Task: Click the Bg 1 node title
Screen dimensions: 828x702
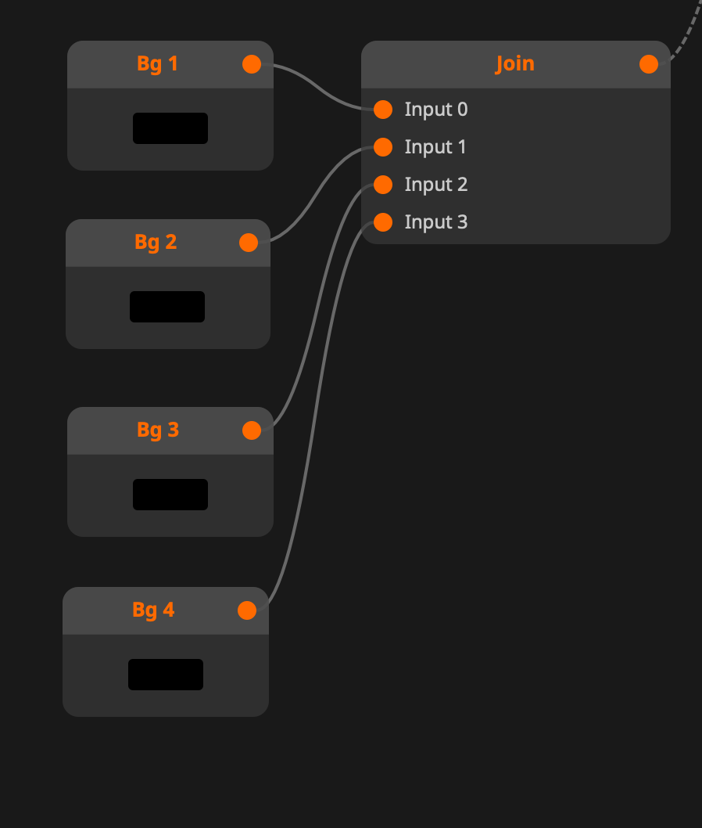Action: pyautogui.click(x=157, y=64)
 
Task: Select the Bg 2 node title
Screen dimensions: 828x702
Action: pyautogui.click(x=156, y=243)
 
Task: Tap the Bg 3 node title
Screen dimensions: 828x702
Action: pyautogui.click(x=157, y=430)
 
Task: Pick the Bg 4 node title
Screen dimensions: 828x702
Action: pyautogui.click(x=153, y=610)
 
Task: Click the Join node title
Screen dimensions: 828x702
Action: pyautogui.click(x=514, y=64)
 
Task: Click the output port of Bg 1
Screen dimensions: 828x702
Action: pyautogui.click(x=252, y=64)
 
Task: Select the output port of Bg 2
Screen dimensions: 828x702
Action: pyautogui.click(x=249, y=243)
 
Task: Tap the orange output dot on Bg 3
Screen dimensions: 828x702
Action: pyautogui.click(x=252, y=430)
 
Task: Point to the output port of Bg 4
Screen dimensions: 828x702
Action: pyautogui.click(x=247, y=610)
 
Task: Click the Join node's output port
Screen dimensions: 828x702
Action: pyautogui.click(x=649, y=64)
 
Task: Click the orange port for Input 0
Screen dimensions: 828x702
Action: pyautogui.click(x=383, y=110)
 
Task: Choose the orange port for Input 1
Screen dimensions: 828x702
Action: pyautogui.click(x=383, y=147)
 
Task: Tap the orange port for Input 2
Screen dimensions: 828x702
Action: pyautogui.click(x=383, y=185)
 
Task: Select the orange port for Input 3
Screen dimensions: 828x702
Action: pyautogui.click(x=383, y=222)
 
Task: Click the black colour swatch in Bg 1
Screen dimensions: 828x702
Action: pyautogui.click(x=170, y=128)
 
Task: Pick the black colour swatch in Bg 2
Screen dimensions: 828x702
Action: pyautogui.click(x=167, y=307)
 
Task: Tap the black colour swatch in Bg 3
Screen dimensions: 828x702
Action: pyautogui.click(x=170, y=495)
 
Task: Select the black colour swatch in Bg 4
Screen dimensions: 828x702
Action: pyautogui.click(x=166, y=675)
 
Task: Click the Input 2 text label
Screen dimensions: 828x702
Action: pyautogui.click(x=435, y=185)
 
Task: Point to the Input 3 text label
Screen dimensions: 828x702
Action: pyautogui.click(x=435, y=222)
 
